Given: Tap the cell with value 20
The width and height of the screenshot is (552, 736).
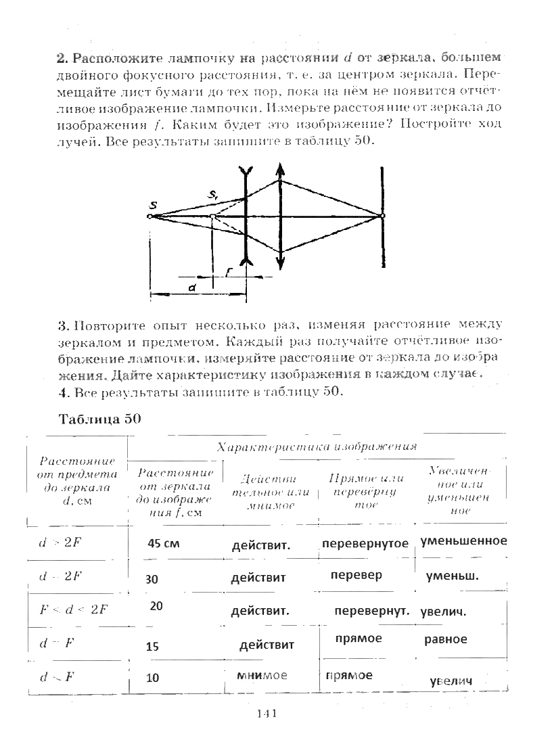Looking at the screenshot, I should [x=156, y=606].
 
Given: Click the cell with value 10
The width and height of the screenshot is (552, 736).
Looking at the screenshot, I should [x=152, y=678].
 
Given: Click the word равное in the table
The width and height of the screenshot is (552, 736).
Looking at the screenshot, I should [x=446, y=639].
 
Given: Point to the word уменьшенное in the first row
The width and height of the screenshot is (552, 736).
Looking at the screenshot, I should [x=463, y=541].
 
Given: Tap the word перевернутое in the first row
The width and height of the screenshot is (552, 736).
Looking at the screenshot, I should [x=365, y=544].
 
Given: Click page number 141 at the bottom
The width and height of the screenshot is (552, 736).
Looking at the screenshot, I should [x=269, y=714].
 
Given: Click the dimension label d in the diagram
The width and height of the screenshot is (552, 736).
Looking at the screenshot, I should [x=192, y=287].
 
